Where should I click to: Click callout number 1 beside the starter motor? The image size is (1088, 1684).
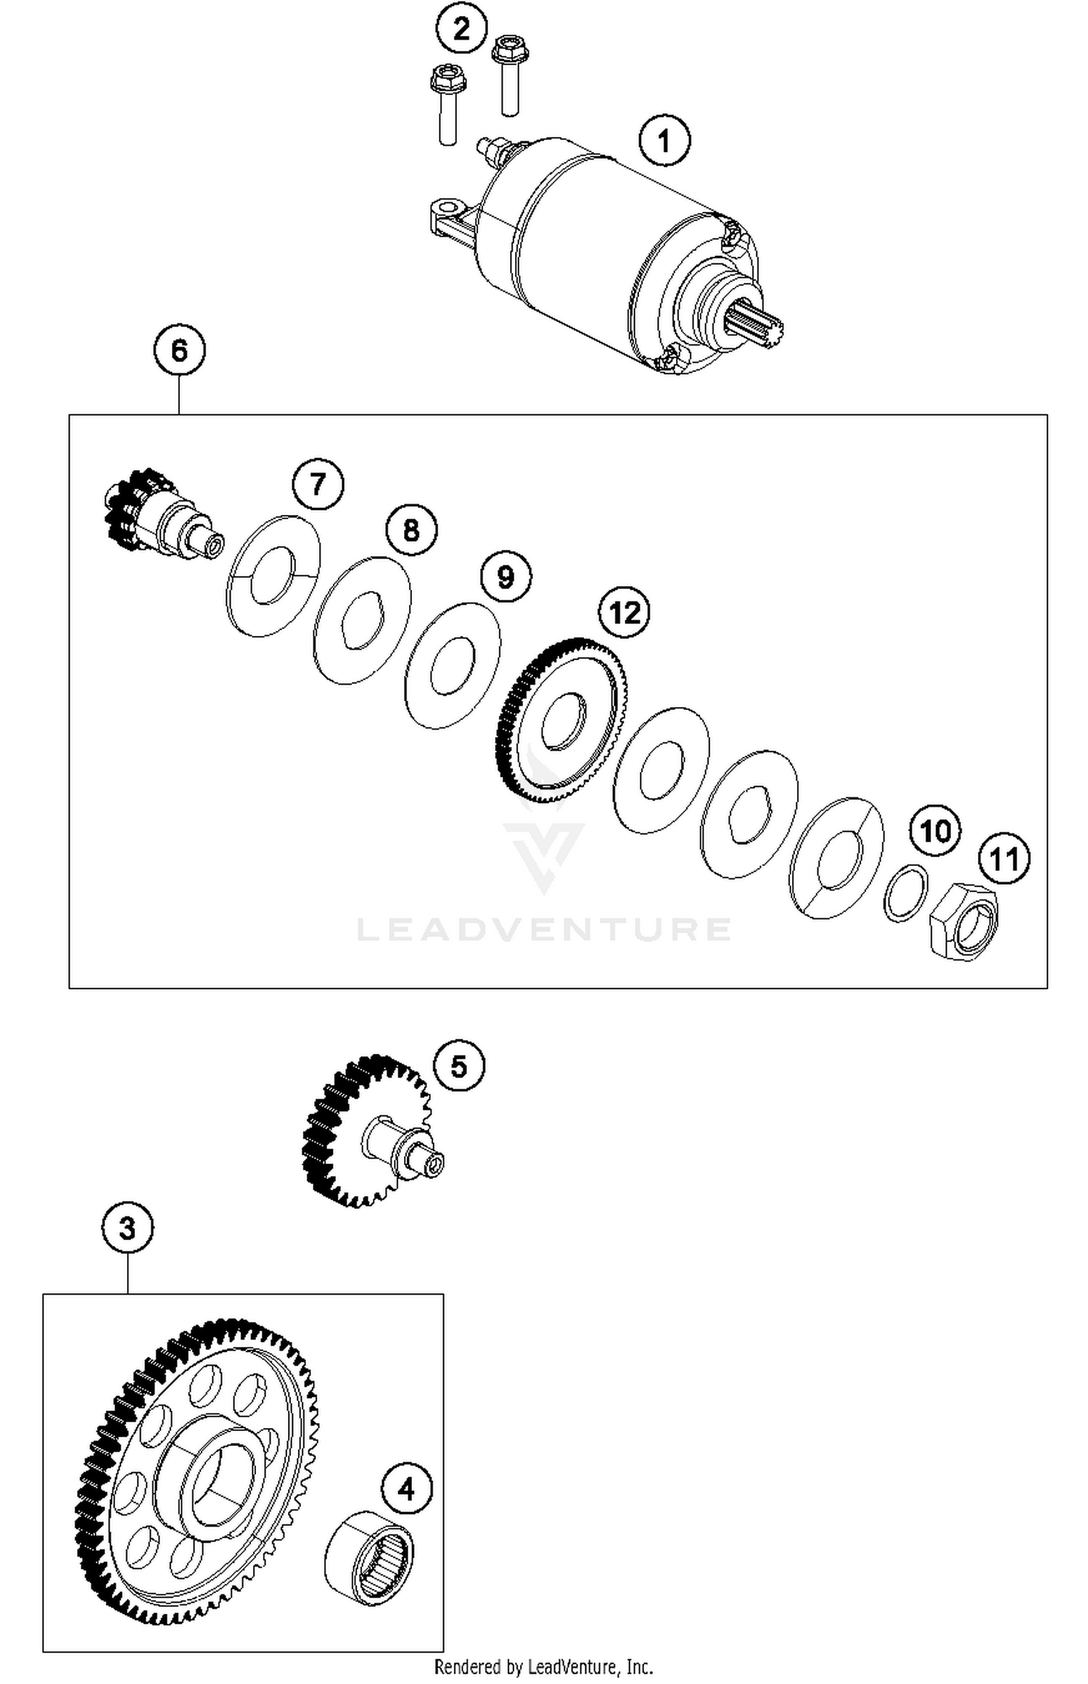[664, 141]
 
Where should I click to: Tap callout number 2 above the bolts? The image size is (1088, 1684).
[461, 28]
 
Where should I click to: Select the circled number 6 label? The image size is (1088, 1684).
[179, 351]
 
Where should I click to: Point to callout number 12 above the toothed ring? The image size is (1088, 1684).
[624, 613]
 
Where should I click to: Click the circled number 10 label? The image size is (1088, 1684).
[935, 830]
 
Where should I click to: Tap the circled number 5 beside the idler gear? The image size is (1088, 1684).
[459, 1066]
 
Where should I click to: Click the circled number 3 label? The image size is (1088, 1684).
[127, 1229]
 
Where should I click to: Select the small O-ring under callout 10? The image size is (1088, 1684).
[906, 893]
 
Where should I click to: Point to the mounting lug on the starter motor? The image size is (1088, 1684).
[446, 218]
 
